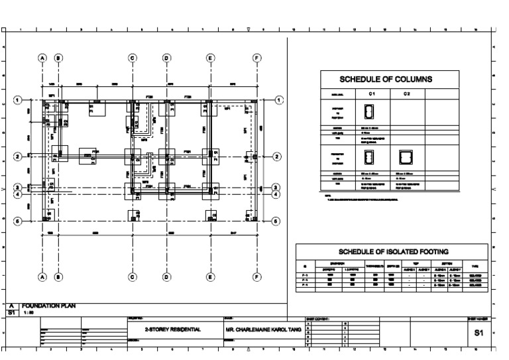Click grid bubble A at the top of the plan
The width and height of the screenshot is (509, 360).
(x=42, y=58)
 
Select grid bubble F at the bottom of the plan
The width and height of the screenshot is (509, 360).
(x=257, y=277)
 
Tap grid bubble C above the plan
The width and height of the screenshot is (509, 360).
(x=133, y=58)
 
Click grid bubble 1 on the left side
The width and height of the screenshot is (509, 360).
(x=18, y=100)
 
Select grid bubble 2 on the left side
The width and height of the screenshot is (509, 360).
(x=18, y=157)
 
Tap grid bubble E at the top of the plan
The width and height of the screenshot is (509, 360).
(x=211, y=58)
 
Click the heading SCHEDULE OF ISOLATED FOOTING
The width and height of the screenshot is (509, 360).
(x=394, y=251)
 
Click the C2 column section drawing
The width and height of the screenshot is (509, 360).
(x=405, y=157)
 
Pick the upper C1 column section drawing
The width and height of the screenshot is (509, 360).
(x=370, y=113)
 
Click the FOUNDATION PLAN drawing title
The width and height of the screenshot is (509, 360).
(x=49, y=306)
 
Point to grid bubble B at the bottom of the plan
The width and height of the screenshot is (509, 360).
(x=58, y=277)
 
